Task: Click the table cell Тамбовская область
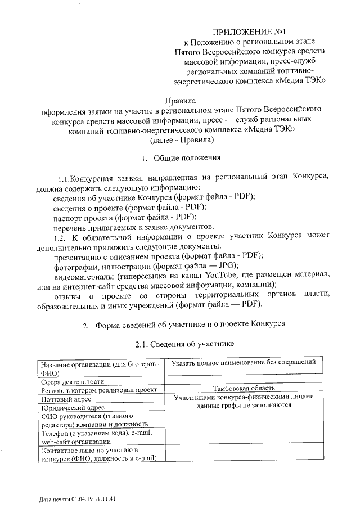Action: [x=244, y=388]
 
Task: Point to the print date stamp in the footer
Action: [x=78, y=499]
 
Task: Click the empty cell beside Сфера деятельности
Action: [x=244, y=381]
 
